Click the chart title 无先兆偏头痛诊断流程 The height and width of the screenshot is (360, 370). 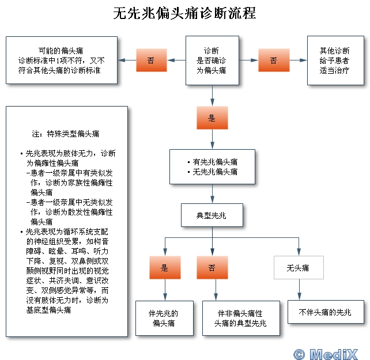click(x=184, y=13)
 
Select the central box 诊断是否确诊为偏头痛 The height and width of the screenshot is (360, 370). click(x=212, y=60)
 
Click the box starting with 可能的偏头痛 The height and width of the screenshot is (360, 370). click(x=61, y=60)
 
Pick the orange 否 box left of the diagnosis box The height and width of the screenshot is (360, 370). click(x=151, y=60)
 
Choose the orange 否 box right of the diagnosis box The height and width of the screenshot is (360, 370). click(x=273, y=60)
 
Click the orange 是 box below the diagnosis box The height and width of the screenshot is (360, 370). click(x=212, y=118)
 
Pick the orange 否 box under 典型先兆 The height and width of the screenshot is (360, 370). click(x=212, y=268)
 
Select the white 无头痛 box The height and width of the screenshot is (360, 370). click(x=298, y=268)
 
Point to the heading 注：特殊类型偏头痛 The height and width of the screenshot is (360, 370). click(x=66, y=134)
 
